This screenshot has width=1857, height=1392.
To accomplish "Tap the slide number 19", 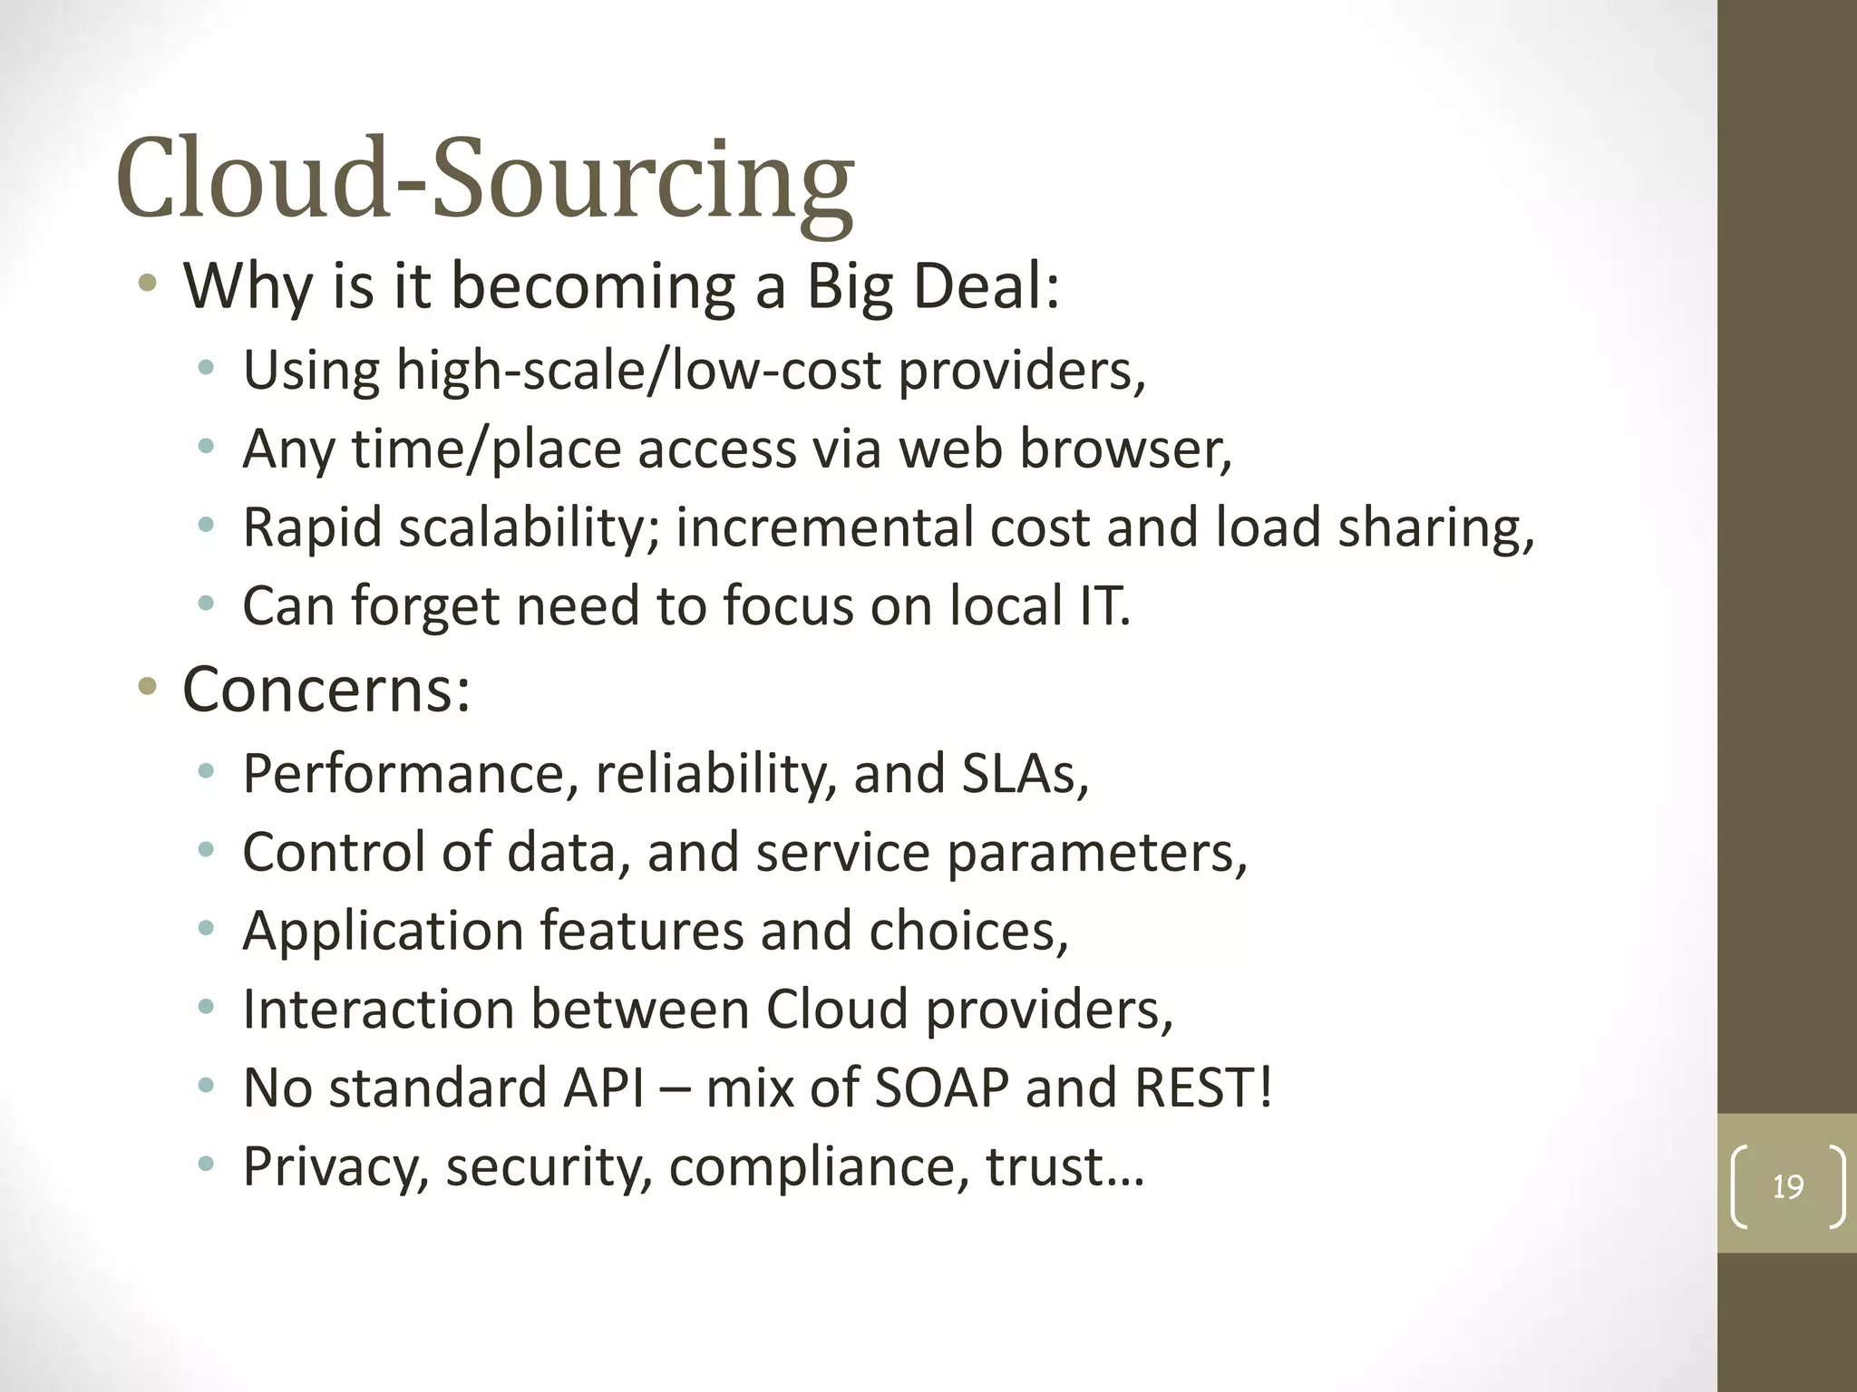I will (1787, 1186).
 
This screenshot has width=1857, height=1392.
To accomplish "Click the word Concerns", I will (326, 690).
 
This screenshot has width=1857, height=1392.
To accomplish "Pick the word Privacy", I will (335, 1167).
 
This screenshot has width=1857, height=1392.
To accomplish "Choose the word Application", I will (384, 932).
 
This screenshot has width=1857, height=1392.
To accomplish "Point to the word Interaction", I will (378, 1010).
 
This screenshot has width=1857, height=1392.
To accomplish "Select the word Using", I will (311, 371).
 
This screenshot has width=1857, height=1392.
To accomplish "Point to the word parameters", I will (1096, 854).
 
